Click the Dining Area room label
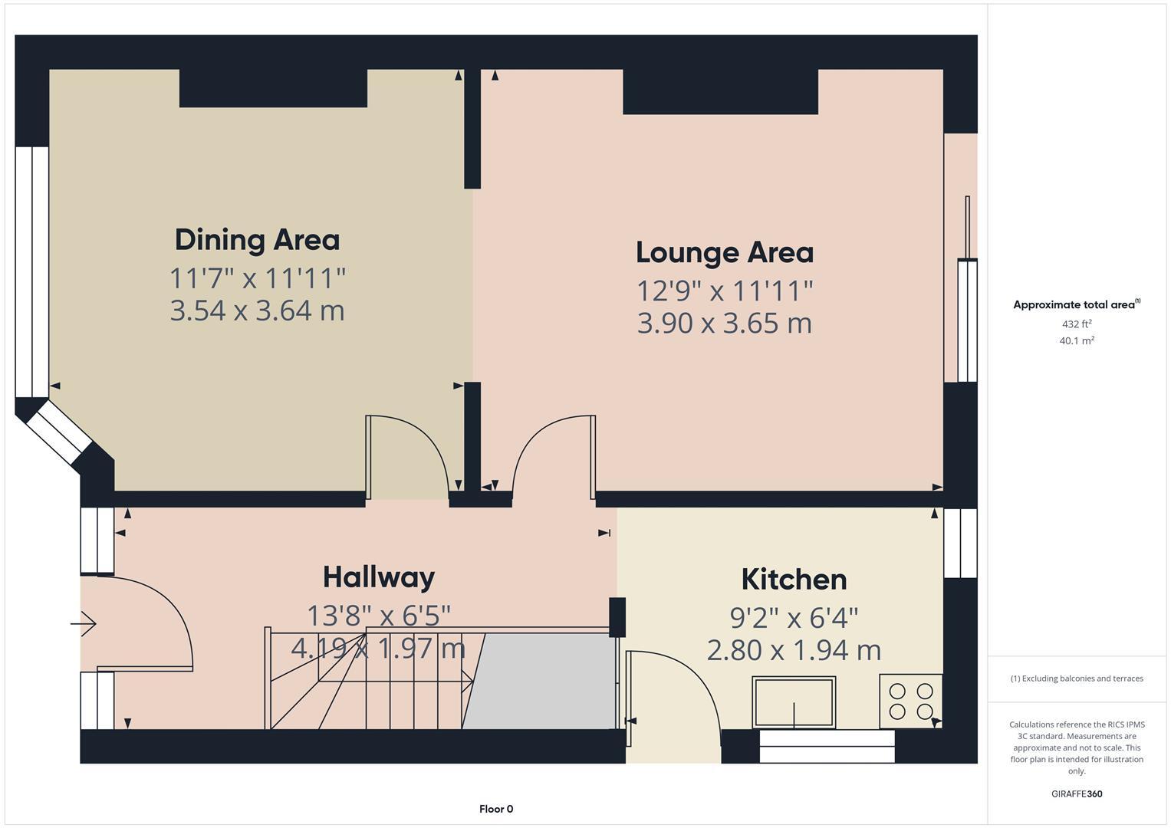tap(257, 241)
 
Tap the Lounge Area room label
tap(725, 253)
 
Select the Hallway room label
tap(379, 577)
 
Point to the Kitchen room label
tap(794, 580)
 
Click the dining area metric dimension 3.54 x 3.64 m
tap(257, 310)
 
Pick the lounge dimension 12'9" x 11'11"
tap(725, 291)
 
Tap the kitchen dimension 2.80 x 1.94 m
tap(794, 651)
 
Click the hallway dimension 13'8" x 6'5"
tap(379, 616)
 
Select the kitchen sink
tap(794, 702)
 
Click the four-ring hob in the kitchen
tap(911, 701)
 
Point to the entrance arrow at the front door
tap(84, 623)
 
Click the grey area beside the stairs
tap(538, 681)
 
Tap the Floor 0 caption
tap(496, 809)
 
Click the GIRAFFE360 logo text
tap(1077, 794)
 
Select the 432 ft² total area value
tap(1077, 324)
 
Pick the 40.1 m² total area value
tap(1077, 341)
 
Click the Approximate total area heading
tap(1077, 304)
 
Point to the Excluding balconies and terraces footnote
tap(1077, 678)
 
